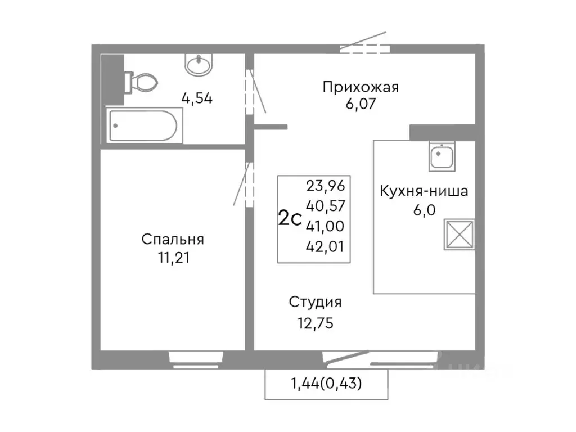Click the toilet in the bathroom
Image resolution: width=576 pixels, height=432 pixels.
(139, 83)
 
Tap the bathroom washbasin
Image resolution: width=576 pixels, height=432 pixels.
(199, 65)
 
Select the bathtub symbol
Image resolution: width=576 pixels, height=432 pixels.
(145, 127)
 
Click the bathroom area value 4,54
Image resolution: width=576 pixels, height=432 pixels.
(196, 98)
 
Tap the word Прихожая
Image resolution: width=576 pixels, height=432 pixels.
(361, 87)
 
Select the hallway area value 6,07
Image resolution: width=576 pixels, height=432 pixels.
(361, 103)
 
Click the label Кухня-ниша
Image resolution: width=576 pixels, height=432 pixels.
(424, 191)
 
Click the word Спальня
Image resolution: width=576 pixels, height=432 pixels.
(173, 239)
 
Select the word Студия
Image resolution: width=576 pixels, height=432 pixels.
(316, 302)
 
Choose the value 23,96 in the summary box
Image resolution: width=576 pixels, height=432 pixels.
(325, 185)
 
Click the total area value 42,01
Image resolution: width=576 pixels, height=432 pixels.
(325, 245)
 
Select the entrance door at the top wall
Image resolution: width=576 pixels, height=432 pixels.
(364, 48)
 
